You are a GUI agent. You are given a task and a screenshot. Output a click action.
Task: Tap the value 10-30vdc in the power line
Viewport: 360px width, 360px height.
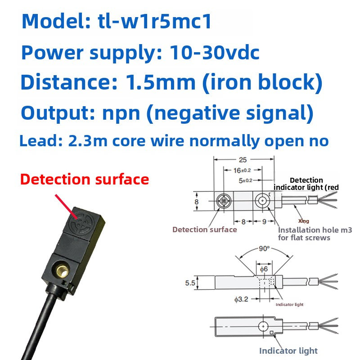[215, 53]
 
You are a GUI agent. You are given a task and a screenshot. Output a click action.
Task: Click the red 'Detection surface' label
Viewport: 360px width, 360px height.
[85, 179]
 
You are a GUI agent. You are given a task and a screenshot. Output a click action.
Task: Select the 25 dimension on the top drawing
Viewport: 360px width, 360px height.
[243, 160]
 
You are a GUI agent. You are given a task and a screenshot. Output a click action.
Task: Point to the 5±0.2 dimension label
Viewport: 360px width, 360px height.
[246, 180]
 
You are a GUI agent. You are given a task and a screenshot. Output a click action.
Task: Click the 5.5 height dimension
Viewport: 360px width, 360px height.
[190, 283]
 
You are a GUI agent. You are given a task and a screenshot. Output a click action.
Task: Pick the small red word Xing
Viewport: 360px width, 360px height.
[304, 221]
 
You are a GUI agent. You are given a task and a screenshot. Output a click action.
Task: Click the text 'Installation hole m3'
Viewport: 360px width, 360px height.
[315, 230]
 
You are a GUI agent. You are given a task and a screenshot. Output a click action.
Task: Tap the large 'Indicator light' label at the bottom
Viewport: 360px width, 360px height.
[288, 350]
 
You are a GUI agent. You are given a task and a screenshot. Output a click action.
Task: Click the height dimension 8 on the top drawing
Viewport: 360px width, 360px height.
[196, 202]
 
